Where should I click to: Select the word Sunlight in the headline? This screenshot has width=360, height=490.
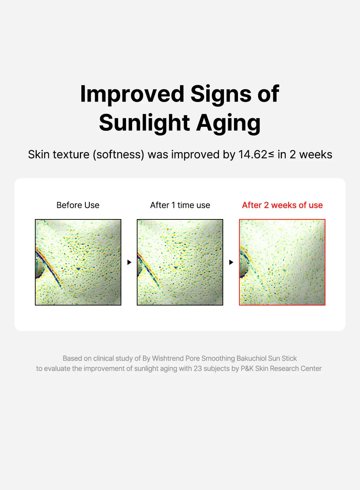(x=144, y=123)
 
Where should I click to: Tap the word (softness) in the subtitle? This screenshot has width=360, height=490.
(x=118, y=155)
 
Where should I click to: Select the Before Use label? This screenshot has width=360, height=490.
(x=78, y=205)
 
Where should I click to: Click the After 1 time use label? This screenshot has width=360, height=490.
(x=180, y=205)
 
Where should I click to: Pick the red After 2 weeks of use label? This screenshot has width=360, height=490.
(x=282, y=205)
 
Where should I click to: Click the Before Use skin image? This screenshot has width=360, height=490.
(x=78, y=262)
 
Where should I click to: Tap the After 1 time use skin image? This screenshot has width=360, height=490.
(x=180, y=262)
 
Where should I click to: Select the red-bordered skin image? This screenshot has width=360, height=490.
(x=282, y=262)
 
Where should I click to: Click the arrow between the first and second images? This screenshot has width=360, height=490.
(x=129, y=262)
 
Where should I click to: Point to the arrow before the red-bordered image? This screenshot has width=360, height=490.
(x=231, y=262)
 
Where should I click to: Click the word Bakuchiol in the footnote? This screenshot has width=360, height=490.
(x=252, y=358)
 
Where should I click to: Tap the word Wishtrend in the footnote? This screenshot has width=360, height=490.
(x=168, y=358)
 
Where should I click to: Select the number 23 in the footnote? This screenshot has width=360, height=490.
(x=198, y=369)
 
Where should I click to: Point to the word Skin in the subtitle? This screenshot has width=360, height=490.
(x=39, y=155)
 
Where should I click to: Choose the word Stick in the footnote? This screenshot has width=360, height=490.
(x=289, y=358)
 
